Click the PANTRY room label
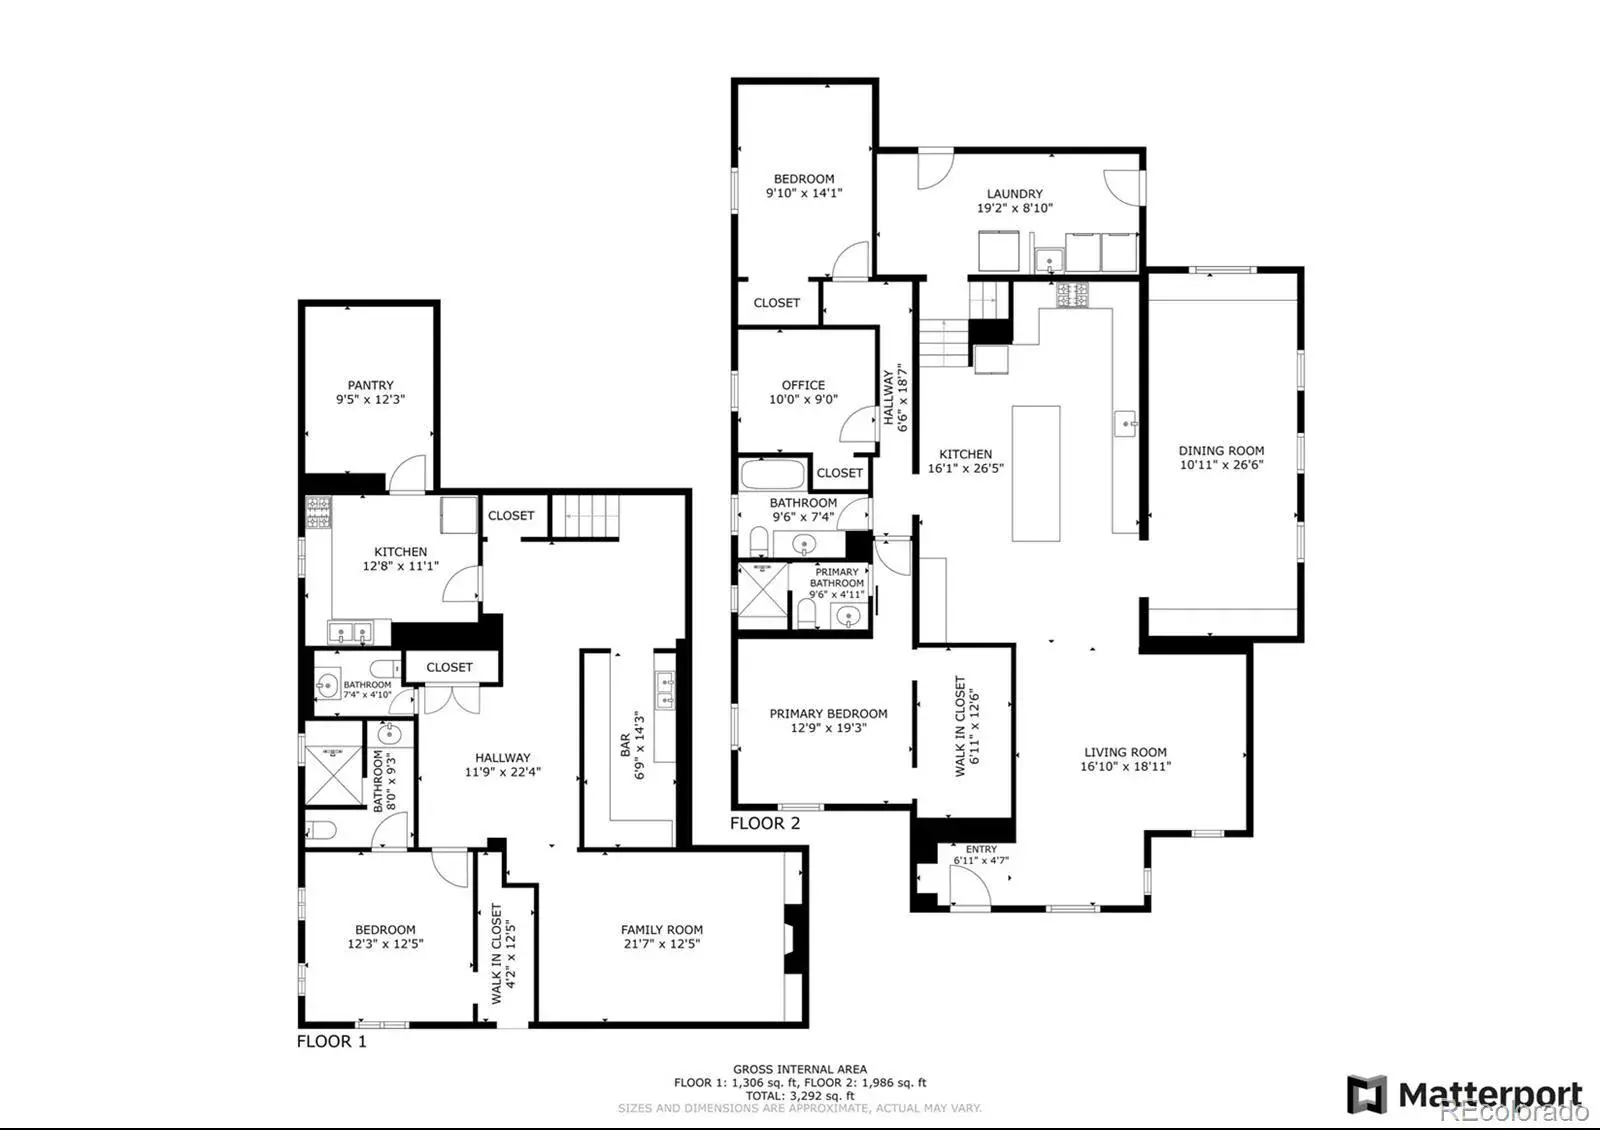pyautogui.click(x=370, y=385)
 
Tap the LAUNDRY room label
pyautogui.click(x=1014, y=194)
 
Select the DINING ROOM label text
pyautogui.click(x=1221, y=451)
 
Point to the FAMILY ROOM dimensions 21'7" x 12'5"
pyautogui.click(x=661, y=944)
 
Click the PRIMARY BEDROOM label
pyautogui.click(x=829, y=714)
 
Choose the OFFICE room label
pyautogui.click(x=803, y=385)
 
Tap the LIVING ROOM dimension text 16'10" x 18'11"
pyautogui.click(x=1126, y=766)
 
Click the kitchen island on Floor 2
pyautogui.click(x=1036, y=474)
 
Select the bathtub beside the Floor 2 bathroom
pyautogui.click(x=773, y=474)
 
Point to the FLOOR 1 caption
pyautogui.click(x=331, y=1041)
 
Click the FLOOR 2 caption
pyautogui.click(x=765, y=824)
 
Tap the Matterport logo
pyautogui.click(x=1464, y=1094)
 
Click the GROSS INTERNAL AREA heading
pyautogui.click(x=800, y=1069)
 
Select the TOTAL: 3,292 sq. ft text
pyautogui.click(x=800, y=1096)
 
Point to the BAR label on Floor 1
pyautogui.click(x=625, y=745)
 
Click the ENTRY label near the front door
pyautogui.click(x=981, y=849)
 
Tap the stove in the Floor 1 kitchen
pyautogui.click(x=319, y=513)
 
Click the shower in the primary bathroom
pyautogui.click(x=762, y=590)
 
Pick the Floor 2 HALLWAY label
pyautogui.click(x=888, y=397)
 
